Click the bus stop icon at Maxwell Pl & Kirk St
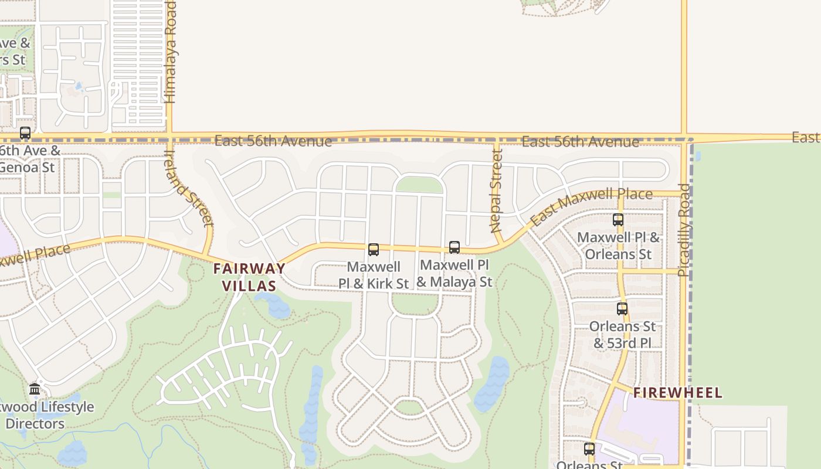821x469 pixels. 374,250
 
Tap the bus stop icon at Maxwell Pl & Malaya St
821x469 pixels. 454,247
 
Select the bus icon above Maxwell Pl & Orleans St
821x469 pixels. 618,220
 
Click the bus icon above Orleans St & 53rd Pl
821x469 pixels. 622,308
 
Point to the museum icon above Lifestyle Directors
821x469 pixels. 35,389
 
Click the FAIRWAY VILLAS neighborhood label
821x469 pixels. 249,277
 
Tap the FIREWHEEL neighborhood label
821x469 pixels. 678,393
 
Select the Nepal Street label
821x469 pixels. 496,191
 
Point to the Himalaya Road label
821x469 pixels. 170,53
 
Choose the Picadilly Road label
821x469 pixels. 684,230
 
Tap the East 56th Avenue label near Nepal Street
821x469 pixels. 580,142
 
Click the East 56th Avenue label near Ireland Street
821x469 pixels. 273,141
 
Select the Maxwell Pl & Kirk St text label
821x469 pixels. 374,276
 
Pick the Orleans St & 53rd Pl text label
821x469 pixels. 623,335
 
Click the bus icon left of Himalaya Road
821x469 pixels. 25,133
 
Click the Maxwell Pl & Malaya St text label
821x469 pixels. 454,273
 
